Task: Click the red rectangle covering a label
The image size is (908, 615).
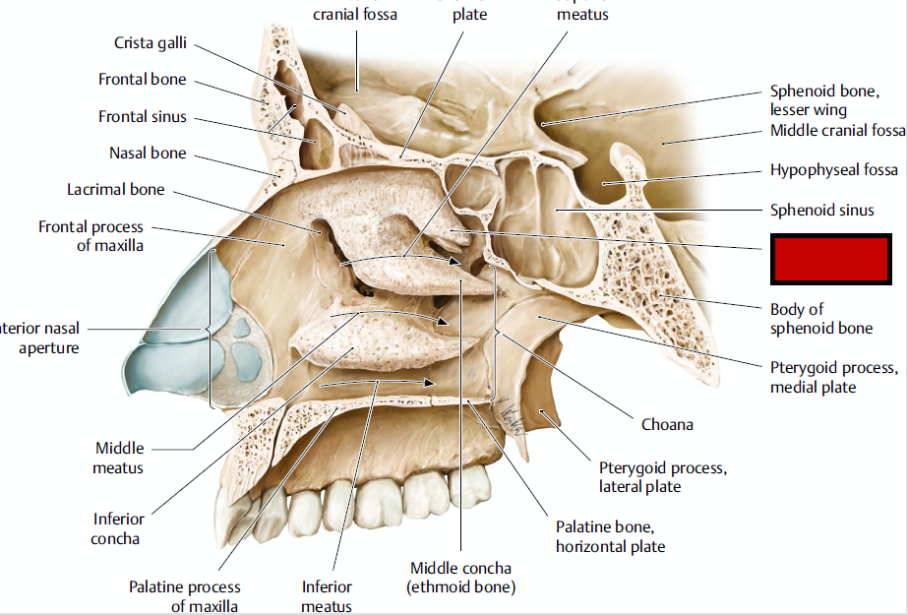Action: [x=830, y=258]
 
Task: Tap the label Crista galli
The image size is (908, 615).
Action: [x=150, y=44]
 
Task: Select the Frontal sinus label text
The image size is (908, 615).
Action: [x=142, y=117]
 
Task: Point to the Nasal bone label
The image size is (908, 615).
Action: [x=147, y=154]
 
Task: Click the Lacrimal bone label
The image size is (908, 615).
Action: [x=115, y=189]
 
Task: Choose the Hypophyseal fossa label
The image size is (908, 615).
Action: [x=833, y=170]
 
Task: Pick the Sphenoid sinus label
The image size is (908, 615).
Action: [x=821, y=210]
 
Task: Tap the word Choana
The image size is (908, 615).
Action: [x=667, y=425]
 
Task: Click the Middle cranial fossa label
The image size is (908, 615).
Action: [x=837, y=131]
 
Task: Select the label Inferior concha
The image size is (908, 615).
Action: [x=118, y=528]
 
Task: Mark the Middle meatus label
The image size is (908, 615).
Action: [x=118, y=458]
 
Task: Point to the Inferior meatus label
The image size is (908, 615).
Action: [x=327, y=596]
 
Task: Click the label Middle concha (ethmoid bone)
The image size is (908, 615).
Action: [x=460, y=578]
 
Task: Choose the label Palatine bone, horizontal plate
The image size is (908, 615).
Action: [x=610, y=536]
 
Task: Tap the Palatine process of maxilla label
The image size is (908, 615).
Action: [x=184, y=596]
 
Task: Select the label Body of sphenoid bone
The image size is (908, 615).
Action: [x=820, y=319]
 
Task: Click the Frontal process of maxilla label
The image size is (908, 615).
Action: [x=91, y=236]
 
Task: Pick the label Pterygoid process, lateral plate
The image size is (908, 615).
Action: [x=662, y=477]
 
